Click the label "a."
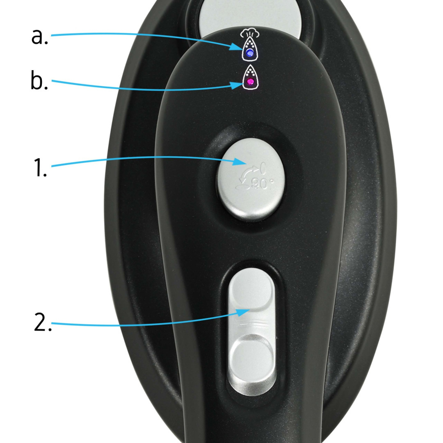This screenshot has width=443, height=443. coord(39,37)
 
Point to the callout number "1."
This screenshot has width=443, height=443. coord(40,167)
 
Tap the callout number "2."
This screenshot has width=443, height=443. coord(43,322)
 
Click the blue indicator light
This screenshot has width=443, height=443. coord(250,53)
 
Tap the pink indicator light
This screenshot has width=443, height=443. coord(250,82)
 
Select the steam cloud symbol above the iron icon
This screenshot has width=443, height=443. coord(250,33)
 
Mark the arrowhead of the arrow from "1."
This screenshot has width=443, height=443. coord(240,162)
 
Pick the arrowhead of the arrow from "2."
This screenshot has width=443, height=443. coord(243,312)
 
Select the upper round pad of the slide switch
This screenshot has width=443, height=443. coord(251,289)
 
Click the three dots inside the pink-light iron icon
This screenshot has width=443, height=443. coord(250,73)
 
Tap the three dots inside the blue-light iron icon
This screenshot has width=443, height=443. coord(249,44)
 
